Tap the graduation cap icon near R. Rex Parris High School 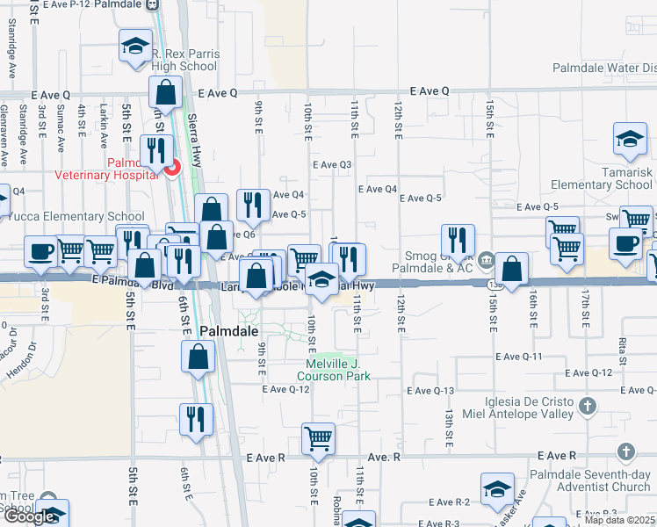click(135, 47)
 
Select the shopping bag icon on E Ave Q click(165, 91)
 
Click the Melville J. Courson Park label click(338, 370)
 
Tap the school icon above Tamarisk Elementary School click(629, 139)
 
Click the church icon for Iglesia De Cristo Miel click(588, 406)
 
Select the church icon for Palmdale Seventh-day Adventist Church click(625, 451)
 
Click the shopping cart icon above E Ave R click(317, 438)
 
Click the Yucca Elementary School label click(77, 217)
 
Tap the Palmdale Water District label click(604, 68)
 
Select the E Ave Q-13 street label click(430, 390)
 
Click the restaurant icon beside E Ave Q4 click(252, 205)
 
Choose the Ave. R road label click(384, 457)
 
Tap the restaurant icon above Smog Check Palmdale click(458, 240)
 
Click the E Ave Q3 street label click(332, 164)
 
